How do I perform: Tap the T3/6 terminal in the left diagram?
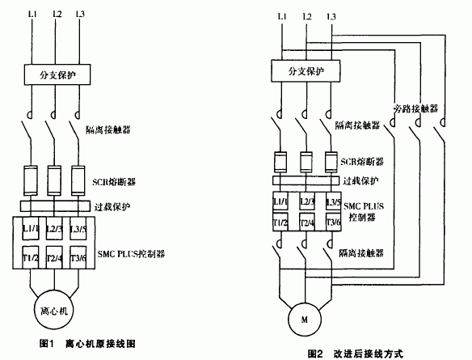[x=78, y=259]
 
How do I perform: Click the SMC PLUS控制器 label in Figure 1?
[x=132, y=253]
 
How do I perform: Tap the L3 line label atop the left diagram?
[x=79, y=15]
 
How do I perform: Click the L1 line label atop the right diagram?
[x=280, y=15]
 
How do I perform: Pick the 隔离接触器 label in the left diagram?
[x=112, y=128]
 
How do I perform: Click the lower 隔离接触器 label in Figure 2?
[x=360, y=253]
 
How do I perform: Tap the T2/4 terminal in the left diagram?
[x=55, y=259]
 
